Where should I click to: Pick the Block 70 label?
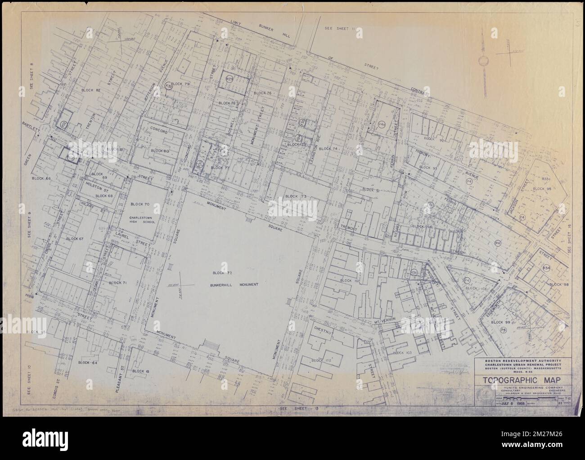point(139,204)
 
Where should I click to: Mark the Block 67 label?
point(75,238)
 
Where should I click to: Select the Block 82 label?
point(90,90)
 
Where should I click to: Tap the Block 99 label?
point(502,322)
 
